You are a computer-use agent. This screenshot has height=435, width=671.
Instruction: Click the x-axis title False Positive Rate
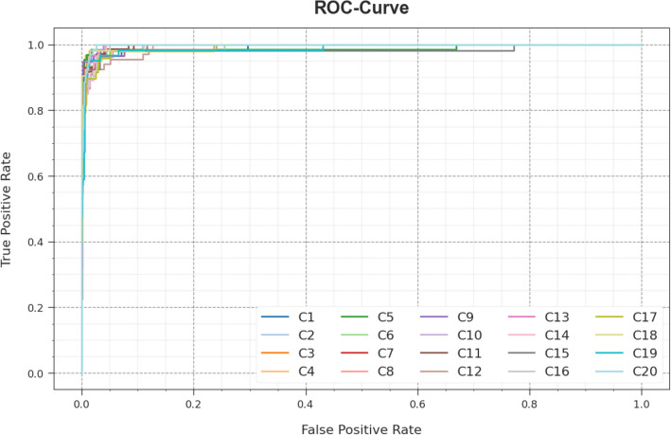click(361, 427)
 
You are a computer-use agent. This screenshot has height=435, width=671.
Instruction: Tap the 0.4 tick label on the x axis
click(306, 402)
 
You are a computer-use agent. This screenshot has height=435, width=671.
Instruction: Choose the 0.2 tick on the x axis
click(194, 402)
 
